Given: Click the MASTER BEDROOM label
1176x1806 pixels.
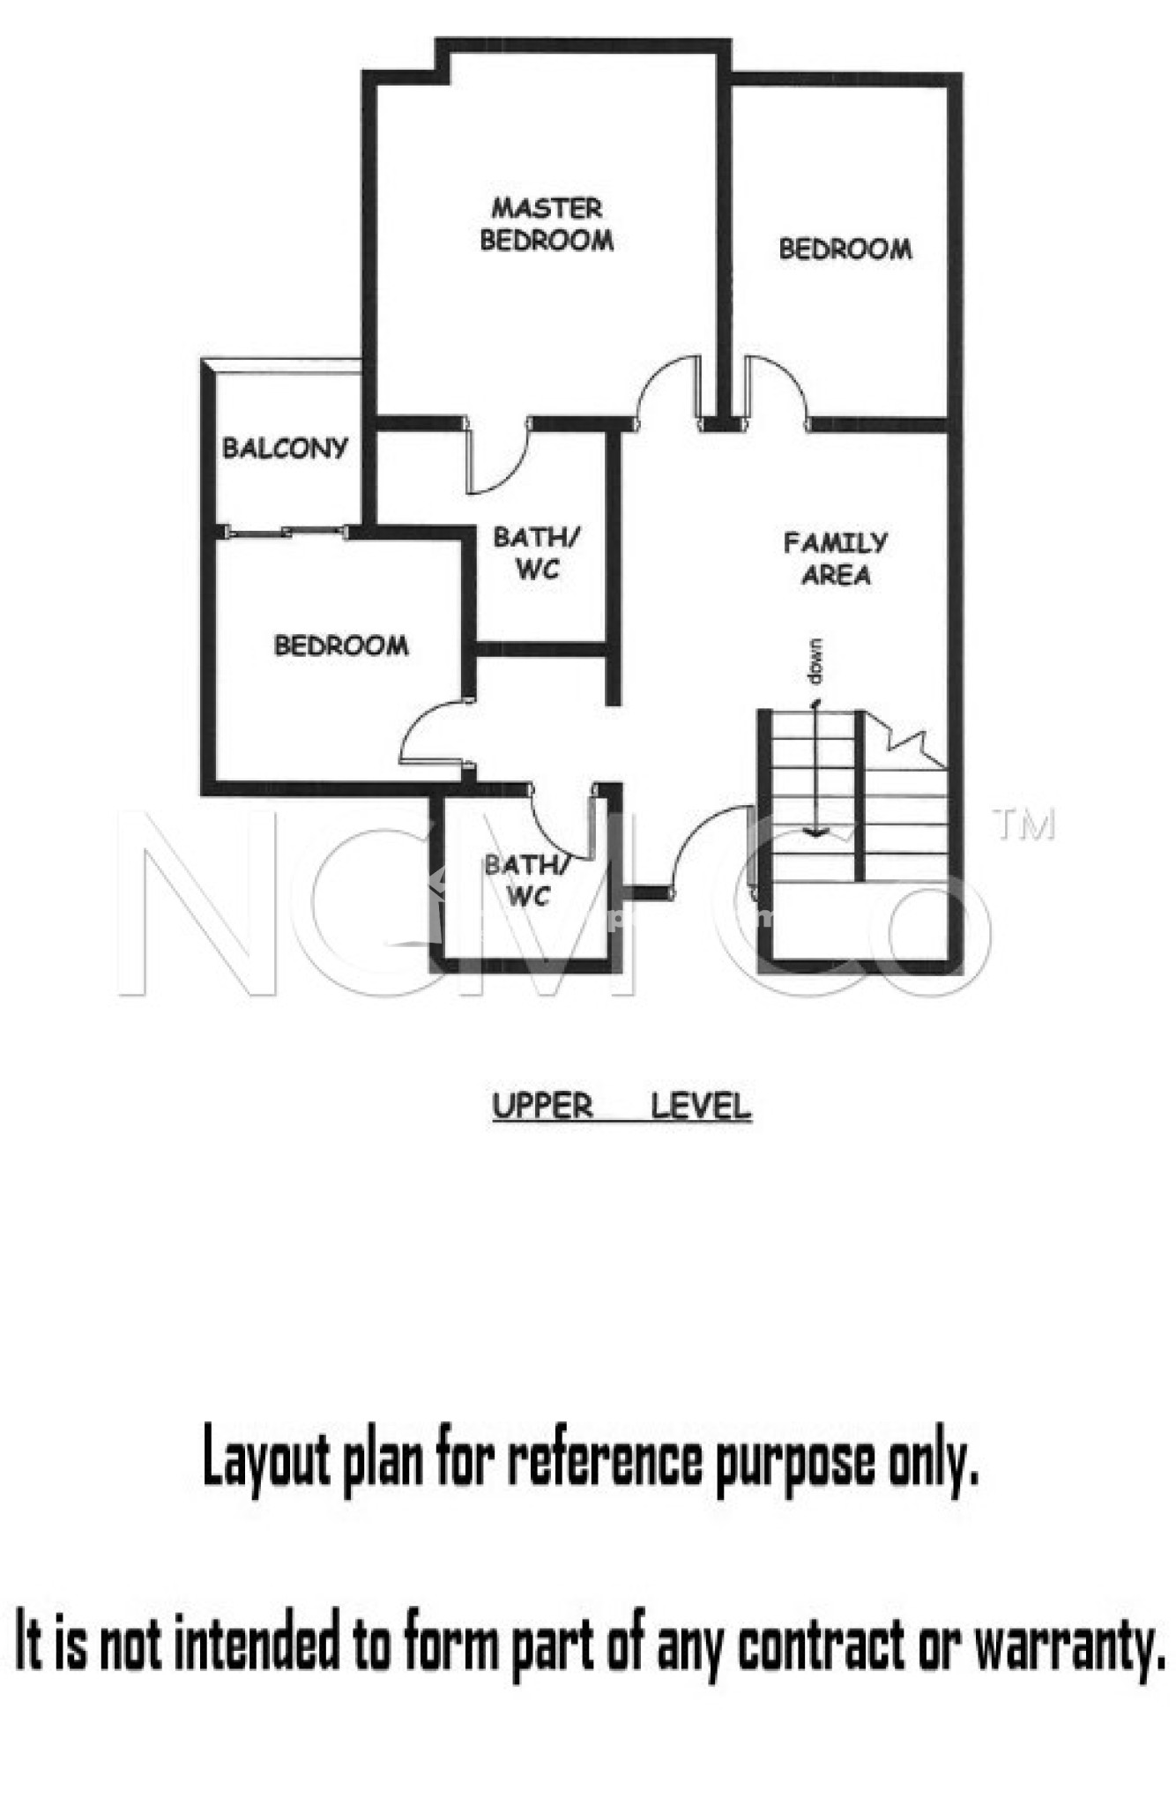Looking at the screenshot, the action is click(x=547, y=224).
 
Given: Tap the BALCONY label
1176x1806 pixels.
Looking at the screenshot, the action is click(x=285, y=448).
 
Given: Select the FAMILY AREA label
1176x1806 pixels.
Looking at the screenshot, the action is click(x=836, y=558).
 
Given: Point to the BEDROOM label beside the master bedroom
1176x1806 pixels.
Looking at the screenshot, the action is click(x=845, y=250).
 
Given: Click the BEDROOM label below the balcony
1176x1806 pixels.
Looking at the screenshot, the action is click(x=341, y=646).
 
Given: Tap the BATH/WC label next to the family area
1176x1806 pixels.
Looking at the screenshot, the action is click(x=537, y=553).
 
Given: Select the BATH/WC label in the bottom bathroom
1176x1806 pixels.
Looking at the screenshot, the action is click(x=528, y=880).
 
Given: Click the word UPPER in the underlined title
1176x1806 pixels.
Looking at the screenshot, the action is click(x=542, y=1106).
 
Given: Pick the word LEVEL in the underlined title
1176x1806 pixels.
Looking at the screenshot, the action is click(x=701, y=1106).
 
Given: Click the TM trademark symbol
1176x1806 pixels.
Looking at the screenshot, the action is click(x=1023, y=825).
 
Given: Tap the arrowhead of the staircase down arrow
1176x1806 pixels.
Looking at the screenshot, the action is click(x=815, y=832).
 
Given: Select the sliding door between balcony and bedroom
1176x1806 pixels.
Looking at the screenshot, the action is click(x=288, y=532).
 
